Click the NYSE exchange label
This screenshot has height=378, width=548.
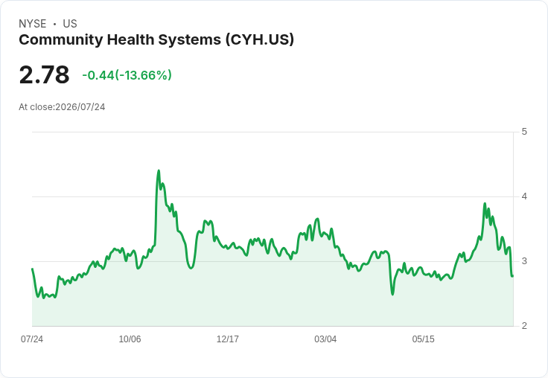click(33, 24)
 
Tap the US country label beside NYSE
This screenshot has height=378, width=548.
click(70, 24)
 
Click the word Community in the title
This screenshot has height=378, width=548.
click(61, 40)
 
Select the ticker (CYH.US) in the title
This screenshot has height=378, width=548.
click(260, 39)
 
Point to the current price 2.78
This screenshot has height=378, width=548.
click(45, 75)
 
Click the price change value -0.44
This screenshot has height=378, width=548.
click(98, 75)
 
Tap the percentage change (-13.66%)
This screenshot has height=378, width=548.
click(143, 75)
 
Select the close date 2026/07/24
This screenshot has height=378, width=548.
click(80, 107)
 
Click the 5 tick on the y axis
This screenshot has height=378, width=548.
click(524, 132)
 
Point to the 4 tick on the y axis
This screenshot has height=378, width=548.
click(524, 196)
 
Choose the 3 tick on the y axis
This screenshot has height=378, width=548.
click(524, 261)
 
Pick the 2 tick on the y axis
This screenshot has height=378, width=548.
click(524, 326)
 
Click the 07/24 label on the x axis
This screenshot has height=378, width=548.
click(32, 339)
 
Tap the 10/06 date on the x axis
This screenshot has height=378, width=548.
click(130, 339)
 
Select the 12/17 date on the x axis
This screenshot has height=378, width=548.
click(228, 339)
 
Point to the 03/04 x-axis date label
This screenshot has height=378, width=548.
click(325, 339)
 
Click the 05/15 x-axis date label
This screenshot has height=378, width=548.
click(423, 339)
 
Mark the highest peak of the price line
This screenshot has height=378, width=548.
click(159, 170)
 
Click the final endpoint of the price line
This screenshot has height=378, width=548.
click(513, 276)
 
